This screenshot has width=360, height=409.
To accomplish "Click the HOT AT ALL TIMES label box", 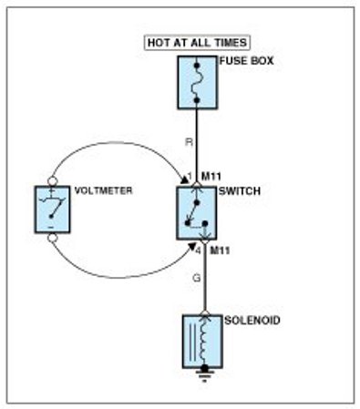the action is (197, 43).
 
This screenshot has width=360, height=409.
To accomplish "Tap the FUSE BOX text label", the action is (246, 61).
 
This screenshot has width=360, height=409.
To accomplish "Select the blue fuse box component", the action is (197, 82).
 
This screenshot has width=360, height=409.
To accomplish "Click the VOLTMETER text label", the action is (103, 190).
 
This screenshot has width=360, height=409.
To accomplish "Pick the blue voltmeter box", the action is (52, 210).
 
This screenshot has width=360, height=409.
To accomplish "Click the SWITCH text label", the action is (240, 191).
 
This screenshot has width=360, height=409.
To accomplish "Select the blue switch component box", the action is (197, 213).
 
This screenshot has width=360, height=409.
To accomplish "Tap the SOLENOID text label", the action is (252, 321).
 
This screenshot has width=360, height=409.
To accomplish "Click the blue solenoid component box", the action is (202, 342).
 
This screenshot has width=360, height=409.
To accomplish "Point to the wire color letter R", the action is (189, 142).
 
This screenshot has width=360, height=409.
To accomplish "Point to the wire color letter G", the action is (197, 278).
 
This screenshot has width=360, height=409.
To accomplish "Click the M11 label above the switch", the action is (211, 176).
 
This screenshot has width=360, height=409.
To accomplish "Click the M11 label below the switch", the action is (220, 251).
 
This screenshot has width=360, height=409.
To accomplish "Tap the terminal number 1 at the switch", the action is (190, 176).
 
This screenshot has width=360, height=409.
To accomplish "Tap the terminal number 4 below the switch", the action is (198, 251).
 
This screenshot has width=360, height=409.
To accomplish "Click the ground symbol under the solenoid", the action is (205, 374).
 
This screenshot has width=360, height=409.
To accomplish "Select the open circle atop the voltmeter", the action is (53, 181).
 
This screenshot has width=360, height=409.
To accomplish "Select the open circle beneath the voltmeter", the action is (53, 238).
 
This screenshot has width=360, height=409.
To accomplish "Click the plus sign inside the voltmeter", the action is (52, 191).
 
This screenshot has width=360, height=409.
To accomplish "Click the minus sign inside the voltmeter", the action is (51, 228).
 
